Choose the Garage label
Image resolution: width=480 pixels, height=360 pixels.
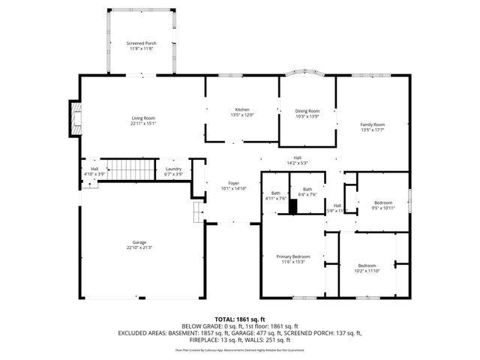(139, 242)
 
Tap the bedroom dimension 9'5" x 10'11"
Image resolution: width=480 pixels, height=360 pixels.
(382, 208)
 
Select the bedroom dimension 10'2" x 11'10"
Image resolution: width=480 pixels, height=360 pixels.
(367, 271)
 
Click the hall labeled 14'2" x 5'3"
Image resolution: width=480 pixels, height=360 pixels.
(298, 163)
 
